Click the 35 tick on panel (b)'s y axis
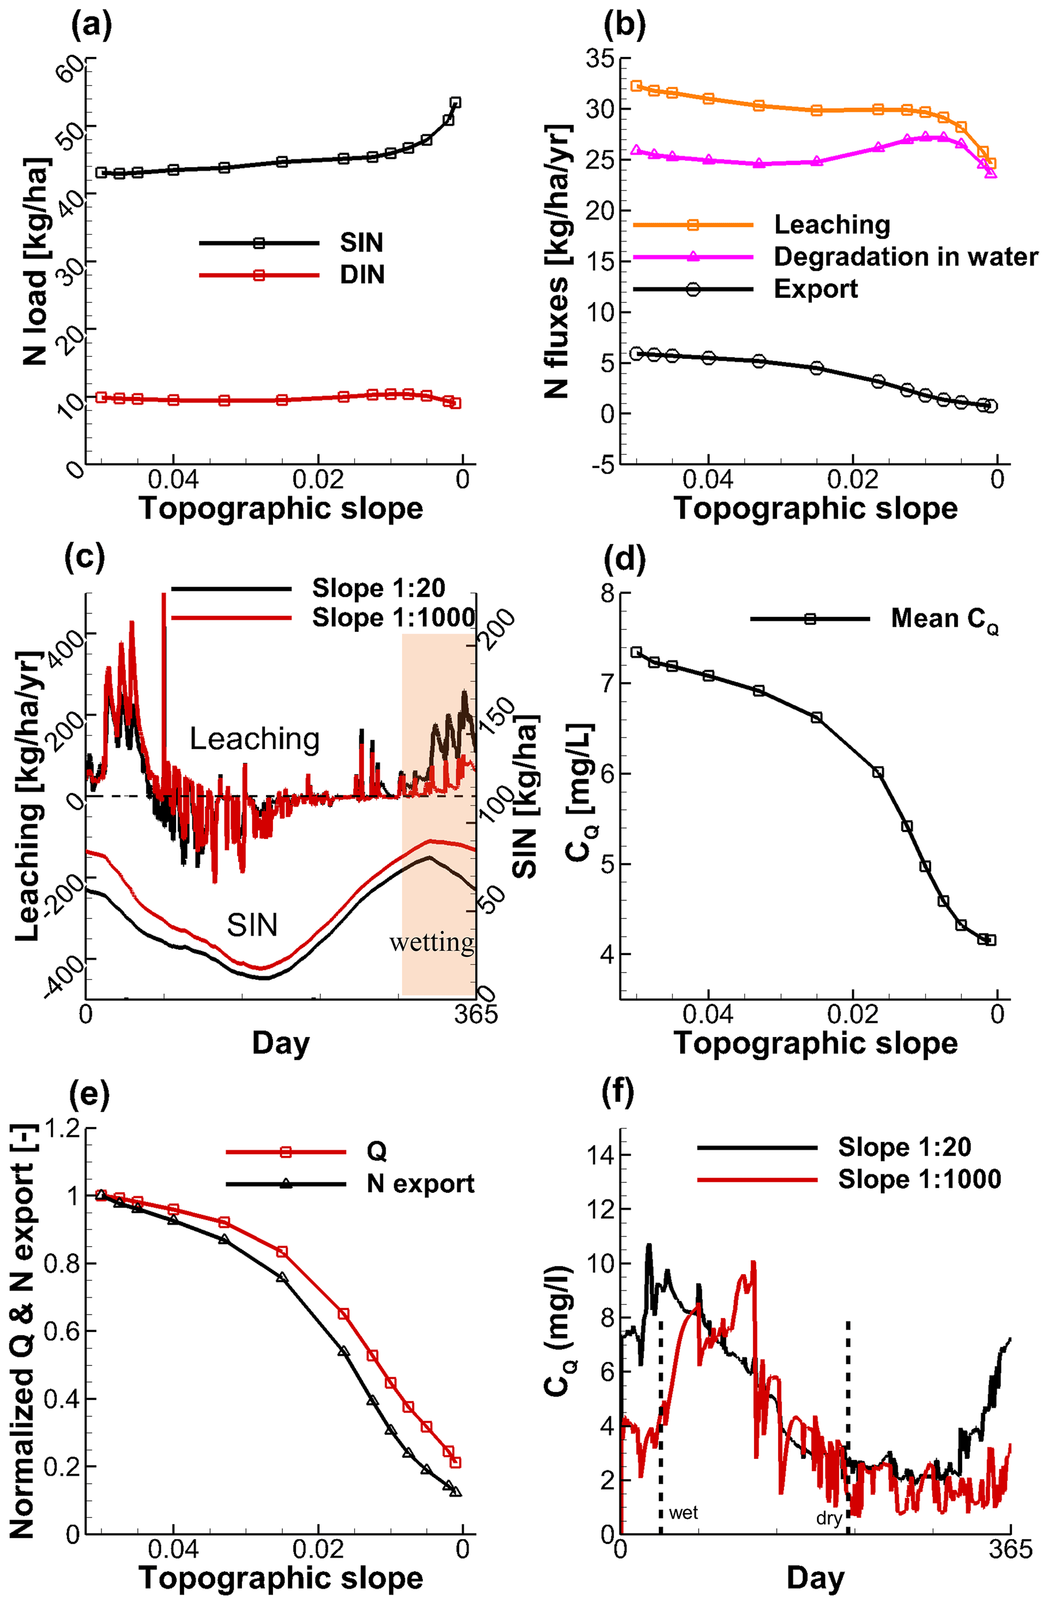[x=599, y=59]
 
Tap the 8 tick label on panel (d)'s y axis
[x=607, y=594]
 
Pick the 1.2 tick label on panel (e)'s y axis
[x=62, y=1128]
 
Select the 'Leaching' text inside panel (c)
[x=254, y=739]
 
